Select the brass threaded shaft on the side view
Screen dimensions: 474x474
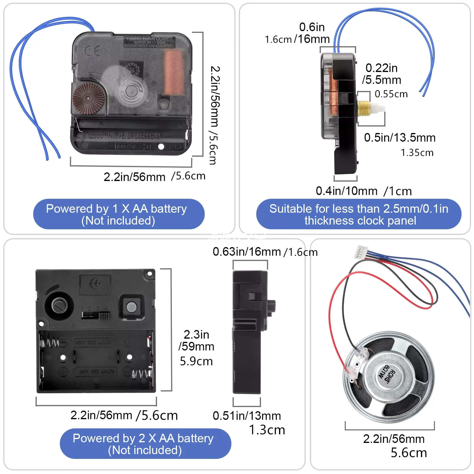364,108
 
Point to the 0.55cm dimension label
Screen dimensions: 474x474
391,94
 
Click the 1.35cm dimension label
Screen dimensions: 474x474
417,153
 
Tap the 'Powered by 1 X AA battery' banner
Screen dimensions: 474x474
118,214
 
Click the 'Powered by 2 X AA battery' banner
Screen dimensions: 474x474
145,443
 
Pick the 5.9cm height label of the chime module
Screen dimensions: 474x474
196,361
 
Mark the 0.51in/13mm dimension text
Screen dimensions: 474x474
246,416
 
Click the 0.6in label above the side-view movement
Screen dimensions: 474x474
312,27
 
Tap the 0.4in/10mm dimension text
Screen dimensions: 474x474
346,191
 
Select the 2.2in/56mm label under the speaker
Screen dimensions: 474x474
394,439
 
